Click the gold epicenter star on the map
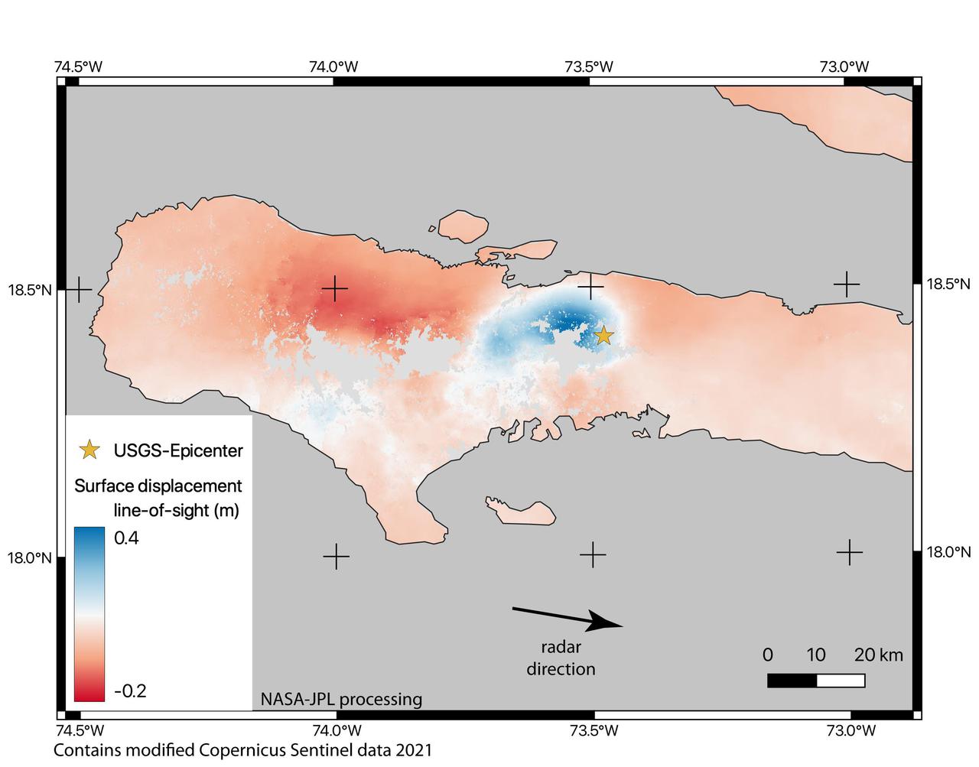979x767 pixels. (x=603, y=335)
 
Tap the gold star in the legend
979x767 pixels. (x=90, y=450)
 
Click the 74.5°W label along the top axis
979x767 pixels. (x=78, y=67)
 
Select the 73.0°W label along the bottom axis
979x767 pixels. (x=844, y=730)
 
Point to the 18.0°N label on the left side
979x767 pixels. (x=29, y=557)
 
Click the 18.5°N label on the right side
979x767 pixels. (x=948, y=284)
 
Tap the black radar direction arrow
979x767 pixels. (x=568, y=617)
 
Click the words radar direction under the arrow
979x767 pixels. (x=561, y=658)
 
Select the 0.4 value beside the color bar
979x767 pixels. (x=126, y=538)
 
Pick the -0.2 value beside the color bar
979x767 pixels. (x=130, y=691)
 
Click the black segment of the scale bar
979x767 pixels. (x=792, y=680)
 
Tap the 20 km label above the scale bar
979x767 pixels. (x=878, y=655)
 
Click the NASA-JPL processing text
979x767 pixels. (x=341, y=699)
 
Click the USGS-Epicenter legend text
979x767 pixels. (x=178, y=450)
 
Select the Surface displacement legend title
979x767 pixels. (x=158, y=486)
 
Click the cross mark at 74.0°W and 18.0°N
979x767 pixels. (x=336, y=556)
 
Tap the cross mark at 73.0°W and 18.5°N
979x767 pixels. (x=846, y=284)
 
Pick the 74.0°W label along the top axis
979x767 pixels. (x=333, y=67)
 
